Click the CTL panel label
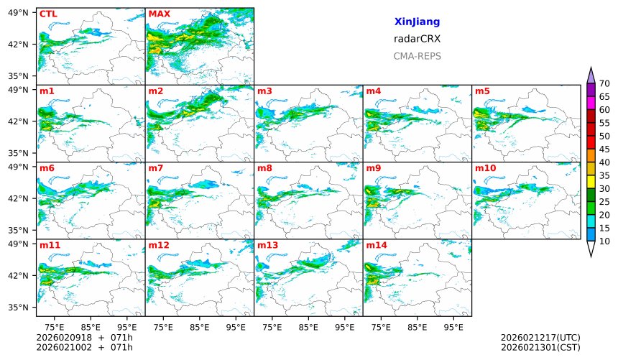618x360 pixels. pyautogui.click(x=48, y=14)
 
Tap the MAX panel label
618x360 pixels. pyautogui.click(x=159, y=14)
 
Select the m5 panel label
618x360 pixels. pyautogui.click(x=482, y=91)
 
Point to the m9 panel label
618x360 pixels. pyautogui.click(x=373, y=168)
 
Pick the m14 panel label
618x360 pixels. pyautogui.click(x=376, y=245)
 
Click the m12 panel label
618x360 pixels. pyautogui.click(x=158, y=245)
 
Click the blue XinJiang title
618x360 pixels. pyautogui.click(x=417, y=22)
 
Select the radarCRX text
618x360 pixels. pyautogui.click(x=417, y=39)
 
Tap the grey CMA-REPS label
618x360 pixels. pyautogui.click(x=417, y=56)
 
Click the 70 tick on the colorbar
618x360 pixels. pyautogui.click(x=604, y=84)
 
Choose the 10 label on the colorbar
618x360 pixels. pyautogui.click(x=604, y=241)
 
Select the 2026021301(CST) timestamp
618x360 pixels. pyautogui.click(x=540, y=348)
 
